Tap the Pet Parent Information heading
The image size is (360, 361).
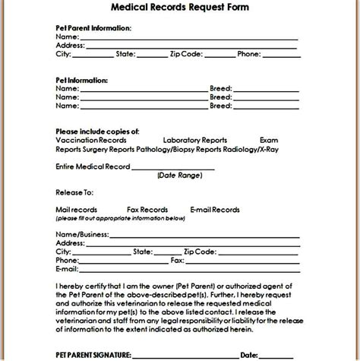point(93,27)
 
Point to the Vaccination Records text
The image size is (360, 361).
point(90,141)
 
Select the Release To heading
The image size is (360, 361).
point(75,192)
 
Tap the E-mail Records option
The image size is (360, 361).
point(215,210)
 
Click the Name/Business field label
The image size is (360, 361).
point(82,233)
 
